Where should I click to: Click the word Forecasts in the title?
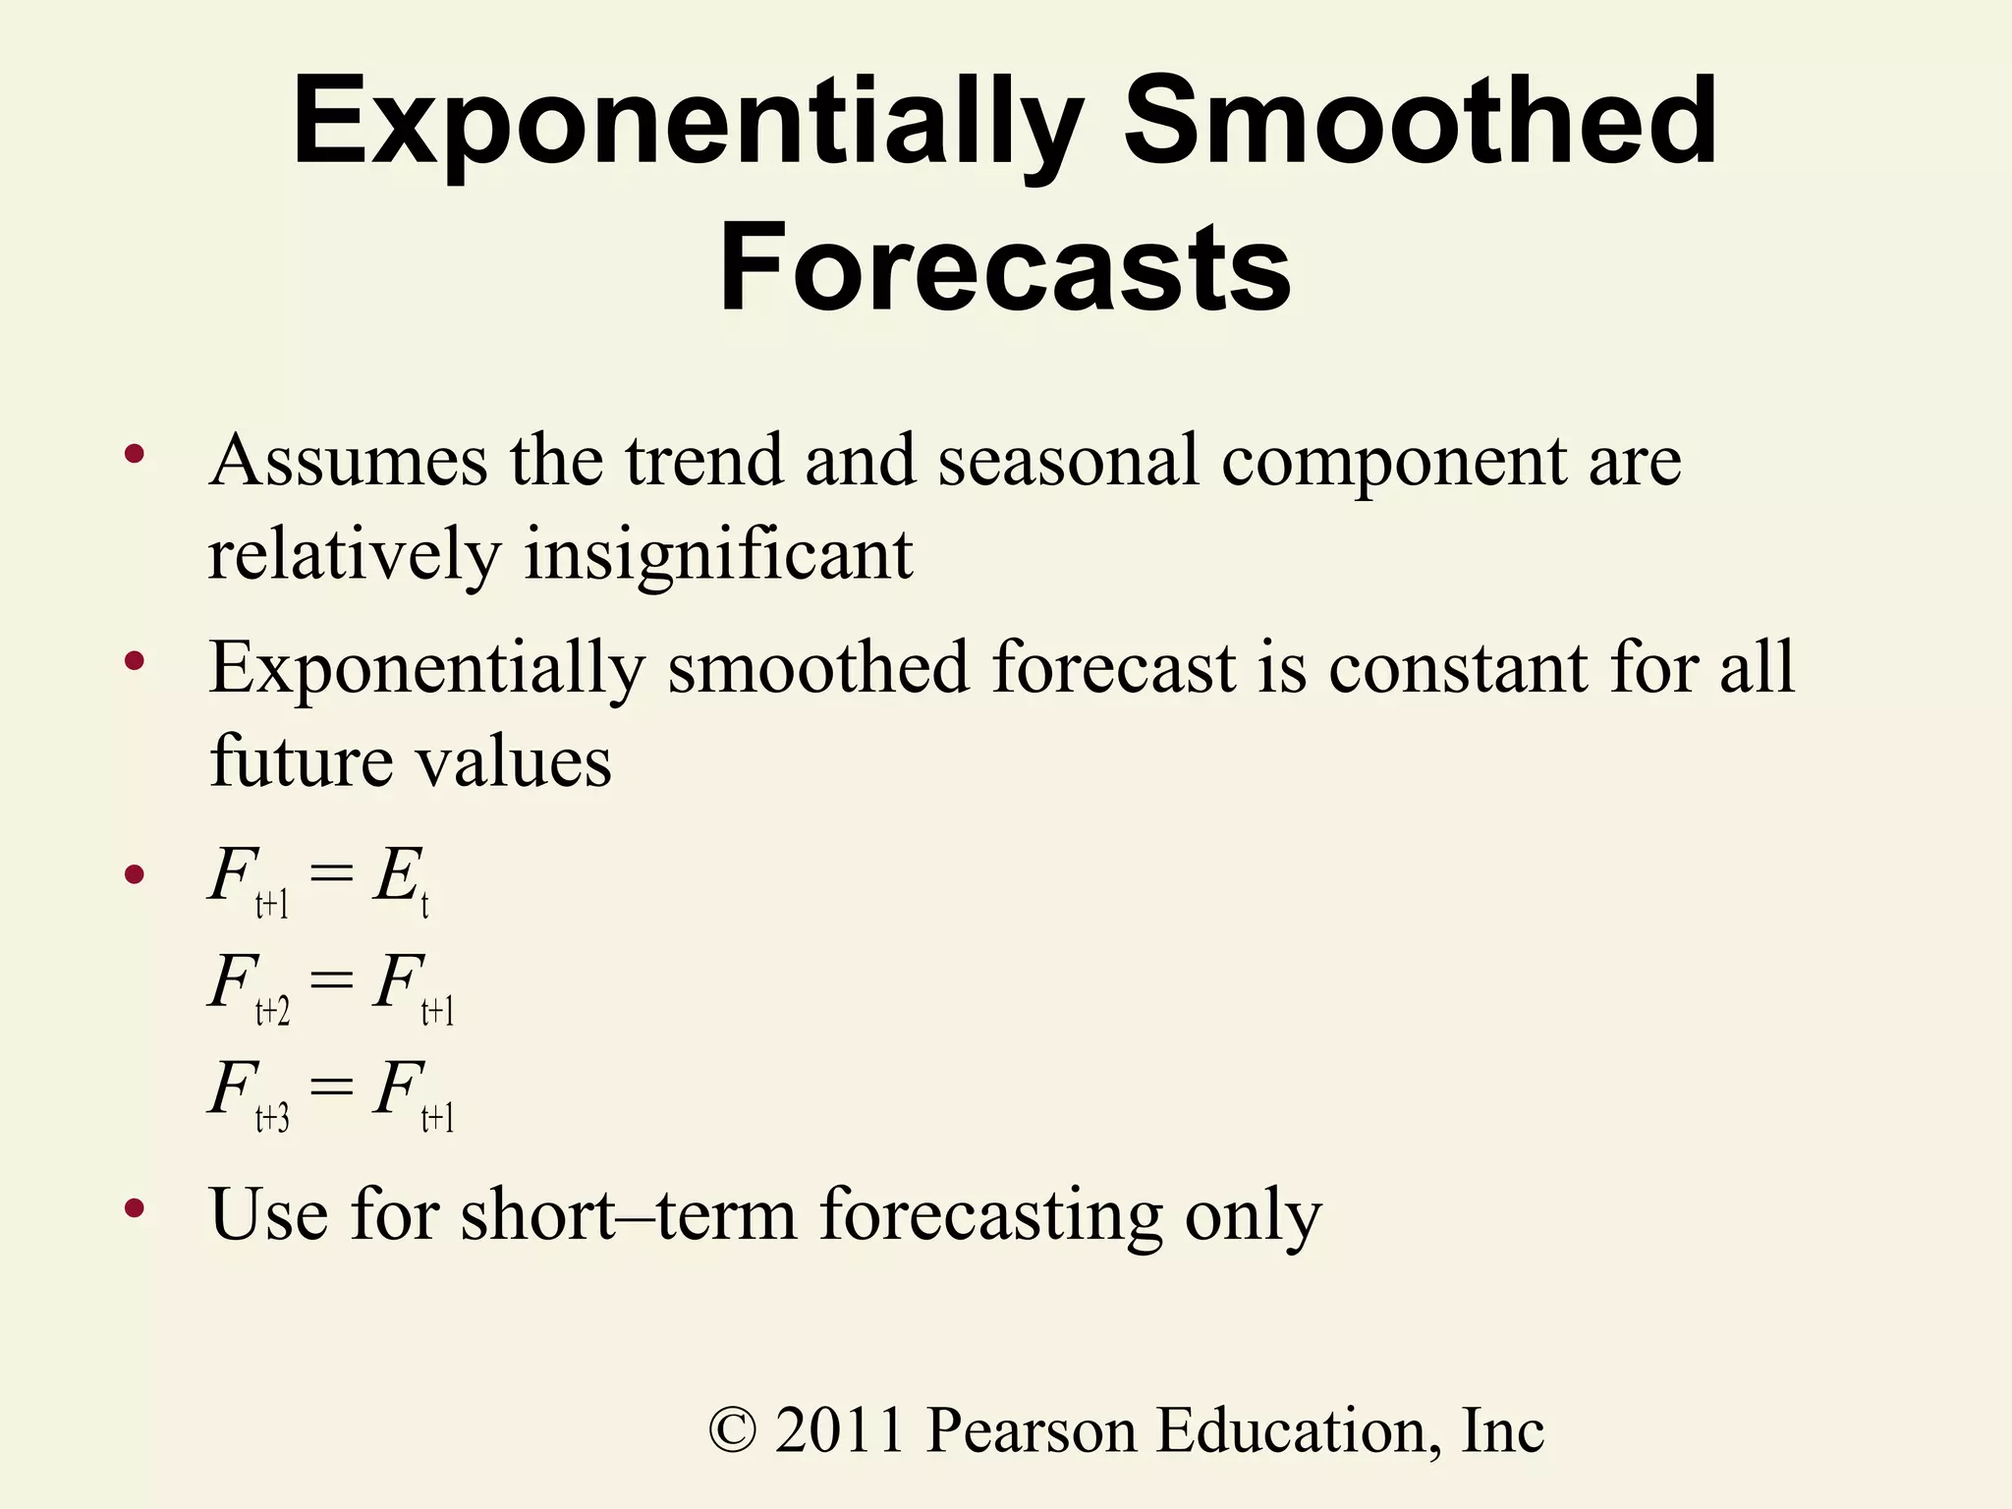pos(1004,267)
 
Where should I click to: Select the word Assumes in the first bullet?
pos(349,460)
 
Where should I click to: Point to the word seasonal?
pos(1068,460)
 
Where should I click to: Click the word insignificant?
pos(718,554)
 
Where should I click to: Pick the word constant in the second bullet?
pos(1458,668)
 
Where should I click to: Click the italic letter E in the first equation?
pos(396,875)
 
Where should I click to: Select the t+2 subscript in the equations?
pos(272,1011)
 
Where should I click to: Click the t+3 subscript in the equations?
pos(272,1118)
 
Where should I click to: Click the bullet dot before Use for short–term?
pos(135,1209)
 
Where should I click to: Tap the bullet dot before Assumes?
pos(135,455)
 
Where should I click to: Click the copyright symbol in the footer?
pos(733,1430)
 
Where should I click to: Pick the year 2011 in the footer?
pos(839,1430)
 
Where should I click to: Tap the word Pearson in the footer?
pos(1032,1430)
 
